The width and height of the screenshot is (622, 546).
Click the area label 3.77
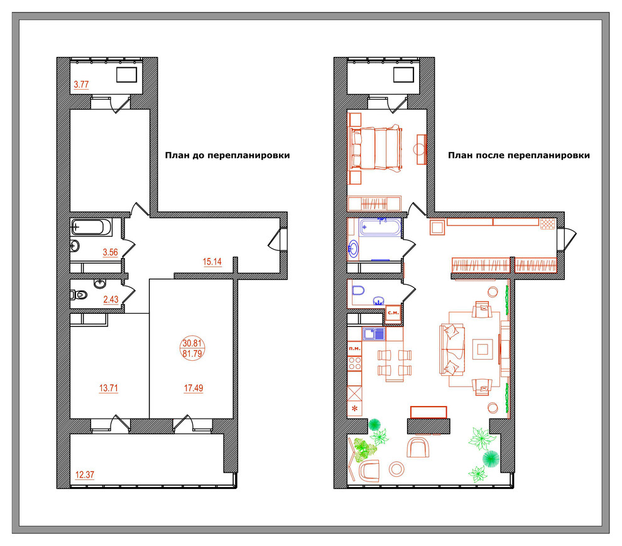(81, 84)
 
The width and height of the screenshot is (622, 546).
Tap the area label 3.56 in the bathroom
(111, 252)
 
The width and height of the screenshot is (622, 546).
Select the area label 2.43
(111, 299)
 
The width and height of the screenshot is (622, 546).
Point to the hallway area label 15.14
(212, 262)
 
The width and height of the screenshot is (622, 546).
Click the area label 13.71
(108, 388)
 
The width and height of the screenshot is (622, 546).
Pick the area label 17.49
(194, 388)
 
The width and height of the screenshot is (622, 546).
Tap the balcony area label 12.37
(85, 474)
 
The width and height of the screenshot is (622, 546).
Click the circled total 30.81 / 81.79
(192, 348)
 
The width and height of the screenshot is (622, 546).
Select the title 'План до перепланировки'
(227, 155)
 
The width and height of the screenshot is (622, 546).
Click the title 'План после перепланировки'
(519, 155)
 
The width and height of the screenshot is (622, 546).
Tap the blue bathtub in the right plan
(380, 227)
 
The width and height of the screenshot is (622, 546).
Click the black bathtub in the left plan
(92, 227)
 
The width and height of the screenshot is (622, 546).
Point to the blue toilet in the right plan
(358, 290)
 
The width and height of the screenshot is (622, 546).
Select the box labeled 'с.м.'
(393, 313)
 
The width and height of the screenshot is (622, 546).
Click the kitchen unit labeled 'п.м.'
(354, 348)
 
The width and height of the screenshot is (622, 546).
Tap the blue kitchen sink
(373, 334)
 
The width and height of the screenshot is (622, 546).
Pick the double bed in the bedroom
(375, 148)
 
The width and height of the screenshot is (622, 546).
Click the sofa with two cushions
(452, 349)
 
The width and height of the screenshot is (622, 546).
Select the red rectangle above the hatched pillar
(428, 412)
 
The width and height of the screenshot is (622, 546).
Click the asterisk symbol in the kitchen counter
(354, 409)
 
